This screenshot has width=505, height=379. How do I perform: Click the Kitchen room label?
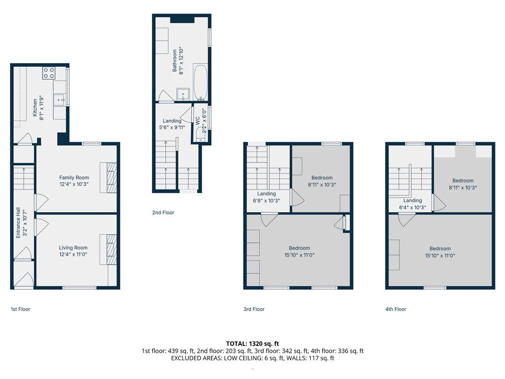pyautogui.click(x=35, y=108)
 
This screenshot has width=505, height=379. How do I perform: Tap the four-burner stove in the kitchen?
pyautogui.click(x=49, y=73)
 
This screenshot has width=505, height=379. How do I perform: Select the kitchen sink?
pyautogui.click(x=60, y=100)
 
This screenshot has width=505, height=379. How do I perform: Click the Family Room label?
pyautogui.click(x=74, y=178)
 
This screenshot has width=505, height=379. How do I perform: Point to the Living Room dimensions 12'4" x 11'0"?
pyautogui.click(x=73, y=254)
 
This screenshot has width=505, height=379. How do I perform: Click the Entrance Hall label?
pyautogui.click(x=18, y=223)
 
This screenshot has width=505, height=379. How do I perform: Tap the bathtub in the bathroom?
pyautogui.click(x=200, y=83)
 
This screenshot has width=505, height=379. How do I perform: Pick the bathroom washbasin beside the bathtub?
pyautogui.click(x=183, y=94)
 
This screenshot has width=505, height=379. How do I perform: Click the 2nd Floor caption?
pyautogui.click(x=163, y=213)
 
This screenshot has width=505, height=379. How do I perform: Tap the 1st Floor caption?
pyautogui.click(x=20, y=309)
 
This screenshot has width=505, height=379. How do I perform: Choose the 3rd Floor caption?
pyautogui.click(x=254, y=309)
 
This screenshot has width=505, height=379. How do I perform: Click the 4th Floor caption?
pyautogui.click(x=396, y=309)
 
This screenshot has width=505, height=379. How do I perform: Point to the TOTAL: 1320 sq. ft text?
pyautogui.click(x=252, y=343)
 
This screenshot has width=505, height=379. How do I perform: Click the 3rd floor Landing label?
pyautogui.click(x=266, y=193)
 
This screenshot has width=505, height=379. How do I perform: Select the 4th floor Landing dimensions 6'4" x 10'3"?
pyautogui.click(x=413, y=208)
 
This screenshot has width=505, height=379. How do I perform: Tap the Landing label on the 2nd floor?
pyautogui.click(x=172, y=121)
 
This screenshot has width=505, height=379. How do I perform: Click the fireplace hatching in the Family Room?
pyautogui.click(x=112, y=178)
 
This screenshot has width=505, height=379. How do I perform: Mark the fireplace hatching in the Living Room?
pyautogui.click(x=112, y=249)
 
